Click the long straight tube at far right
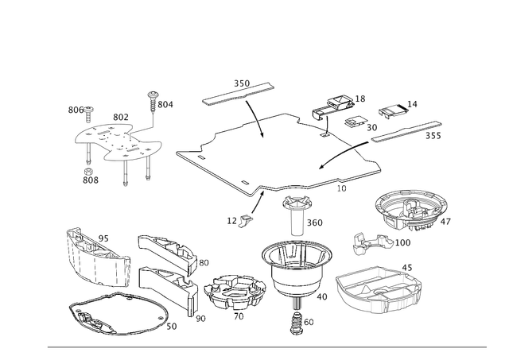406,132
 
